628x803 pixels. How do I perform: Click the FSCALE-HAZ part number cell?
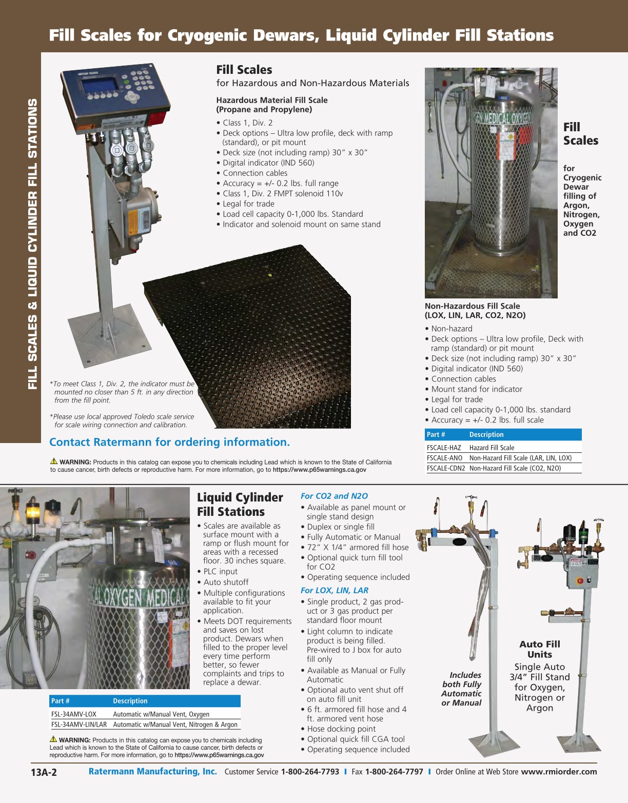[x=444, y=448]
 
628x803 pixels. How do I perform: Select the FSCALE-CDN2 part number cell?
[x=445, y=468]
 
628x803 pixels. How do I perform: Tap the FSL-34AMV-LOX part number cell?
[x=74, y=714]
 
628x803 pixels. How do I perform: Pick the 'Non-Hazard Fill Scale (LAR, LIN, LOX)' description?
[x=520, y=458]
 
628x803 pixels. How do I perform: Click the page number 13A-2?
[x=44, y=773]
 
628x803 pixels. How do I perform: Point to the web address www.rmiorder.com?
[x=559, y=772]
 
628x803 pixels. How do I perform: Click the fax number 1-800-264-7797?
[x=394, y=772]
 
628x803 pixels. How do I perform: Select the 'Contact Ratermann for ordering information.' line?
[x=169, y=442]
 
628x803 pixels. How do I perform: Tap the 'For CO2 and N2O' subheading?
[x=334, y=496]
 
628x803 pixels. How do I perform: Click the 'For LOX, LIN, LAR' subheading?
[x=334, y=590]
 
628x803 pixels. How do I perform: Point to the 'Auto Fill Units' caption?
[x=540, y=649]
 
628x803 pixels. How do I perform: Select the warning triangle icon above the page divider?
[x=54, y=461]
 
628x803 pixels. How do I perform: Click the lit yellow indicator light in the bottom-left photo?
[x=33, y=511]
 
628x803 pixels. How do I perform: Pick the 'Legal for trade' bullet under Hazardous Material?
[x=248, y=204]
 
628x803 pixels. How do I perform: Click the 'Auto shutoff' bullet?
[x=226, y=582]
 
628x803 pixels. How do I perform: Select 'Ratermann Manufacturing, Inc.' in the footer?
[x=152, y=772]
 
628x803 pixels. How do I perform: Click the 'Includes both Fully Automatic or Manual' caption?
[x=461, y=689]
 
